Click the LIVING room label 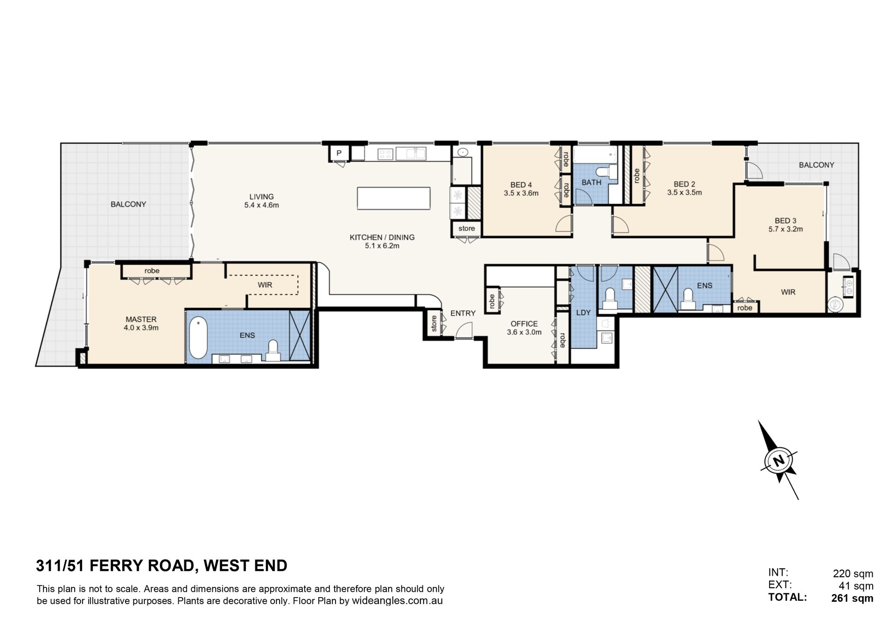click(x=261, y=197)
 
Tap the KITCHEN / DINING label click(x=382, y=237)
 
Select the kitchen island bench click(x=394, y=198)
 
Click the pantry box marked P click(x=339, y=153)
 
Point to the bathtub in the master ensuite click(x=198, y=338)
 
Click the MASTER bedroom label click(x=141, y=319)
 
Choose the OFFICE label click(x=524, y=324)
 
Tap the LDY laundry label click(x=583, y=313)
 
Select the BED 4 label click(x=521, y=184)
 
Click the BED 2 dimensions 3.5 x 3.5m click(x=684, y=192)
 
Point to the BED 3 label click(x=785, y=221)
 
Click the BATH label click(x=591, y=183)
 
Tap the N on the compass click(x=778, y=461)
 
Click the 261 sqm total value click(x=852, y=598)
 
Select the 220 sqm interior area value click(x=853, y=574)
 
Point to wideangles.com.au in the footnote click(x=397, y=601)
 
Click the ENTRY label click(x=463, y=313)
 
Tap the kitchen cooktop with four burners click(x=385, y=154)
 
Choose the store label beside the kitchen click(x=467, y=228)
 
